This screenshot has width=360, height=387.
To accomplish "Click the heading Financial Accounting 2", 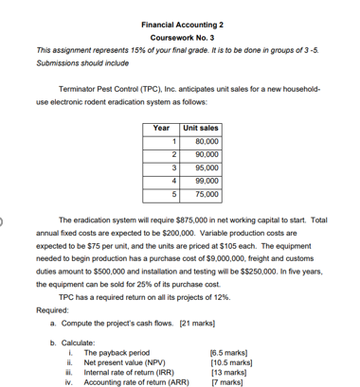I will [x=180, y=22].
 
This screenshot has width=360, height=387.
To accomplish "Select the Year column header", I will [x=161, y=128].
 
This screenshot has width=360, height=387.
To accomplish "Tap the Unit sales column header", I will [x=200, y=128].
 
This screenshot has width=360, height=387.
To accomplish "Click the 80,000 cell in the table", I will [x=204, y=142].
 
